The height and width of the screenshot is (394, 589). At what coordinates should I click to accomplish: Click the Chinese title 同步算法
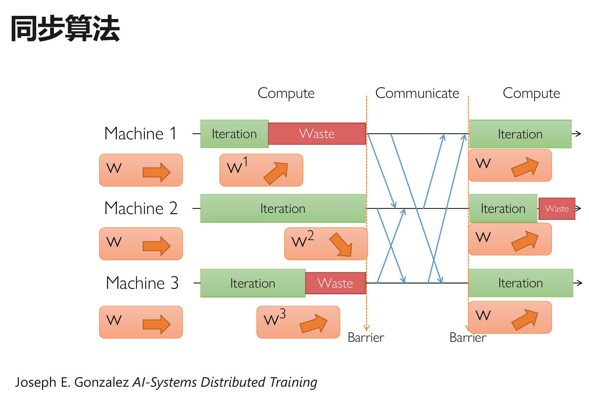65,29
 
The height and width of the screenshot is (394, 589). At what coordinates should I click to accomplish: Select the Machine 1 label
140,133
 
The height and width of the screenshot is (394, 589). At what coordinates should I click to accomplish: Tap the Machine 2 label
141,208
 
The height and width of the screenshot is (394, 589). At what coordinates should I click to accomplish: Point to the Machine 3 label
142,283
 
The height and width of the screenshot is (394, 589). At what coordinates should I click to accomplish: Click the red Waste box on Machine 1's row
317,134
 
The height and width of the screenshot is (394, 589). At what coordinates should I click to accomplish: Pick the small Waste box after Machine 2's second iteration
557,208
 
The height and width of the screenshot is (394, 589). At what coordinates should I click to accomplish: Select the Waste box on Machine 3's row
335,283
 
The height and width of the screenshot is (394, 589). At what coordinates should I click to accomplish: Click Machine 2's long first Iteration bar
283,208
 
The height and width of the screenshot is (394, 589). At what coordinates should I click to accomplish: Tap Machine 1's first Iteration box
234,134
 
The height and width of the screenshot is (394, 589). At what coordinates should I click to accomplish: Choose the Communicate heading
417,93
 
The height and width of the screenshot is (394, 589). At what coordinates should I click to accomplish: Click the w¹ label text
237,165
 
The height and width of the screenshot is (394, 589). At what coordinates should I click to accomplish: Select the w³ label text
274,318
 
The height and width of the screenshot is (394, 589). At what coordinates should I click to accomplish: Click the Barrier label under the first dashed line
366,338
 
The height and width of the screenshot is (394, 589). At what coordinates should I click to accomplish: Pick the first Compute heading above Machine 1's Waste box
286,93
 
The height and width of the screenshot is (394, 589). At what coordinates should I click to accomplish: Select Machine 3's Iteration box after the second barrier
520,283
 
